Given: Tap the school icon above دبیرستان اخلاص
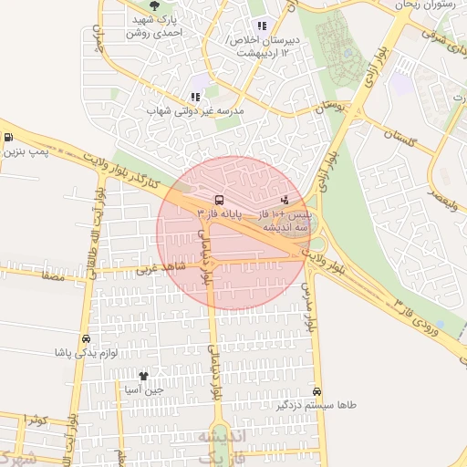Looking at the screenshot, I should [x=263, y=26].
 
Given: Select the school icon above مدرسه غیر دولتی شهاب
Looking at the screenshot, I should [x=195, y=96].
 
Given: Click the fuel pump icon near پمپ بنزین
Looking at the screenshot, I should [x=8, y=138].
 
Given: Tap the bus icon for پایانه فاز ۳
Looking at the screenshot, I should [x=219, y=199].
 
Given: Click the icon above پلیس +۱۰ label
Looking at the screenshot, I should [x=285, y=198].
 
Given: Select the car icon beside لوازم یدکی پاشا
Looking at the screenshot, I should [x=86, y=337].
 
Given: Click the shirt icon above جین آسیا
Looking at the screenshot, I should [x=143, y=375].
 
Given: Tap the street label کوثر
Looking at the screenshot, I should [x=36, y=419].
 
